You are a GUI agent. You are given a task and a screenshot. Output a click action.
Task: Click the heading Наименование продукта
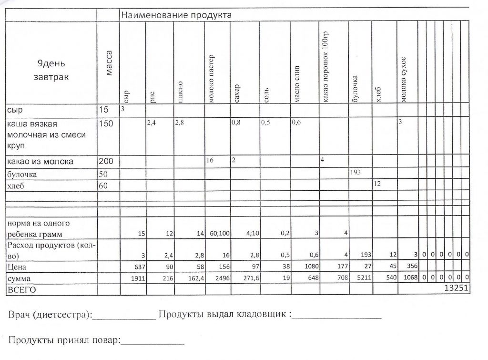(x=176, y=15)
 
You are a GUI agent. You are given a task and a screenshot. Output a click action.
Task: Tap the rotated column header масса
(x=109, y=63)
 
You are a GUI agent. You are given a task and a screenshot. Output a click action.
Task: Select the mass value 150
(x=105, y=124)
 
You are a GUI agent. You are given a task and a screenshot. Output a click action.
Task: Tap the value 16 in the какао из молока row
(x=210, y=161)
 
